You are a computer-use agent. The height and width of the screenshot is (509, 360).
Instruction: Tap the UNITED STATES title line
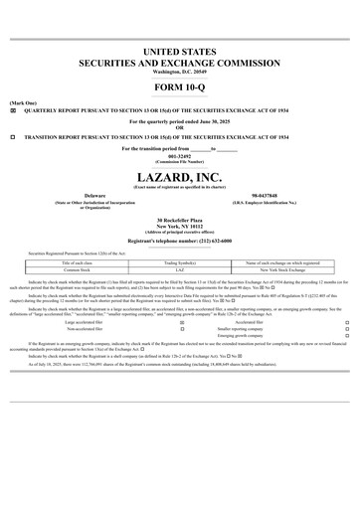(x=180, y=50)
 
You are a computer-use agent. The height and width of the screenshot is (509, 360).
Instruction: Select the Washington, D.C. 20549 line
(x=180, y=72)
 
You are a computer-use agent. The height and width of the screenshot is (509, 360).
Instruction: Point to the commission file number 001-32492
(x=180, y=156)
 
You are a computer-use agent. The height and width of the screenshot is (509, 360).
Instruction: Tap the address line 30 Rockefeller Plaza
(x=180, y=218)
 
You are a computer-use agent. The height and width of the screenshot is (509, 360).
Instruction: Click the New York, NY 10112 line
(x=180, y=225)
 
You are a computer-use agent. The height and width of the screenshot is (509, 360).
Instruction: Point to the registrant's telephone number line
(x=180, y=241)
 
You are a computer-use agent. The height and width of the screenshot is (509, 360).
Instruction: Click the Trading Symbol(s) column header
(x=180, y=262)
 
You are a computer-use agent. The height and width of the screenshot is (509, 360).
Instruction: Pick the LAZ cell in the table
(x=180, y=269)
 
